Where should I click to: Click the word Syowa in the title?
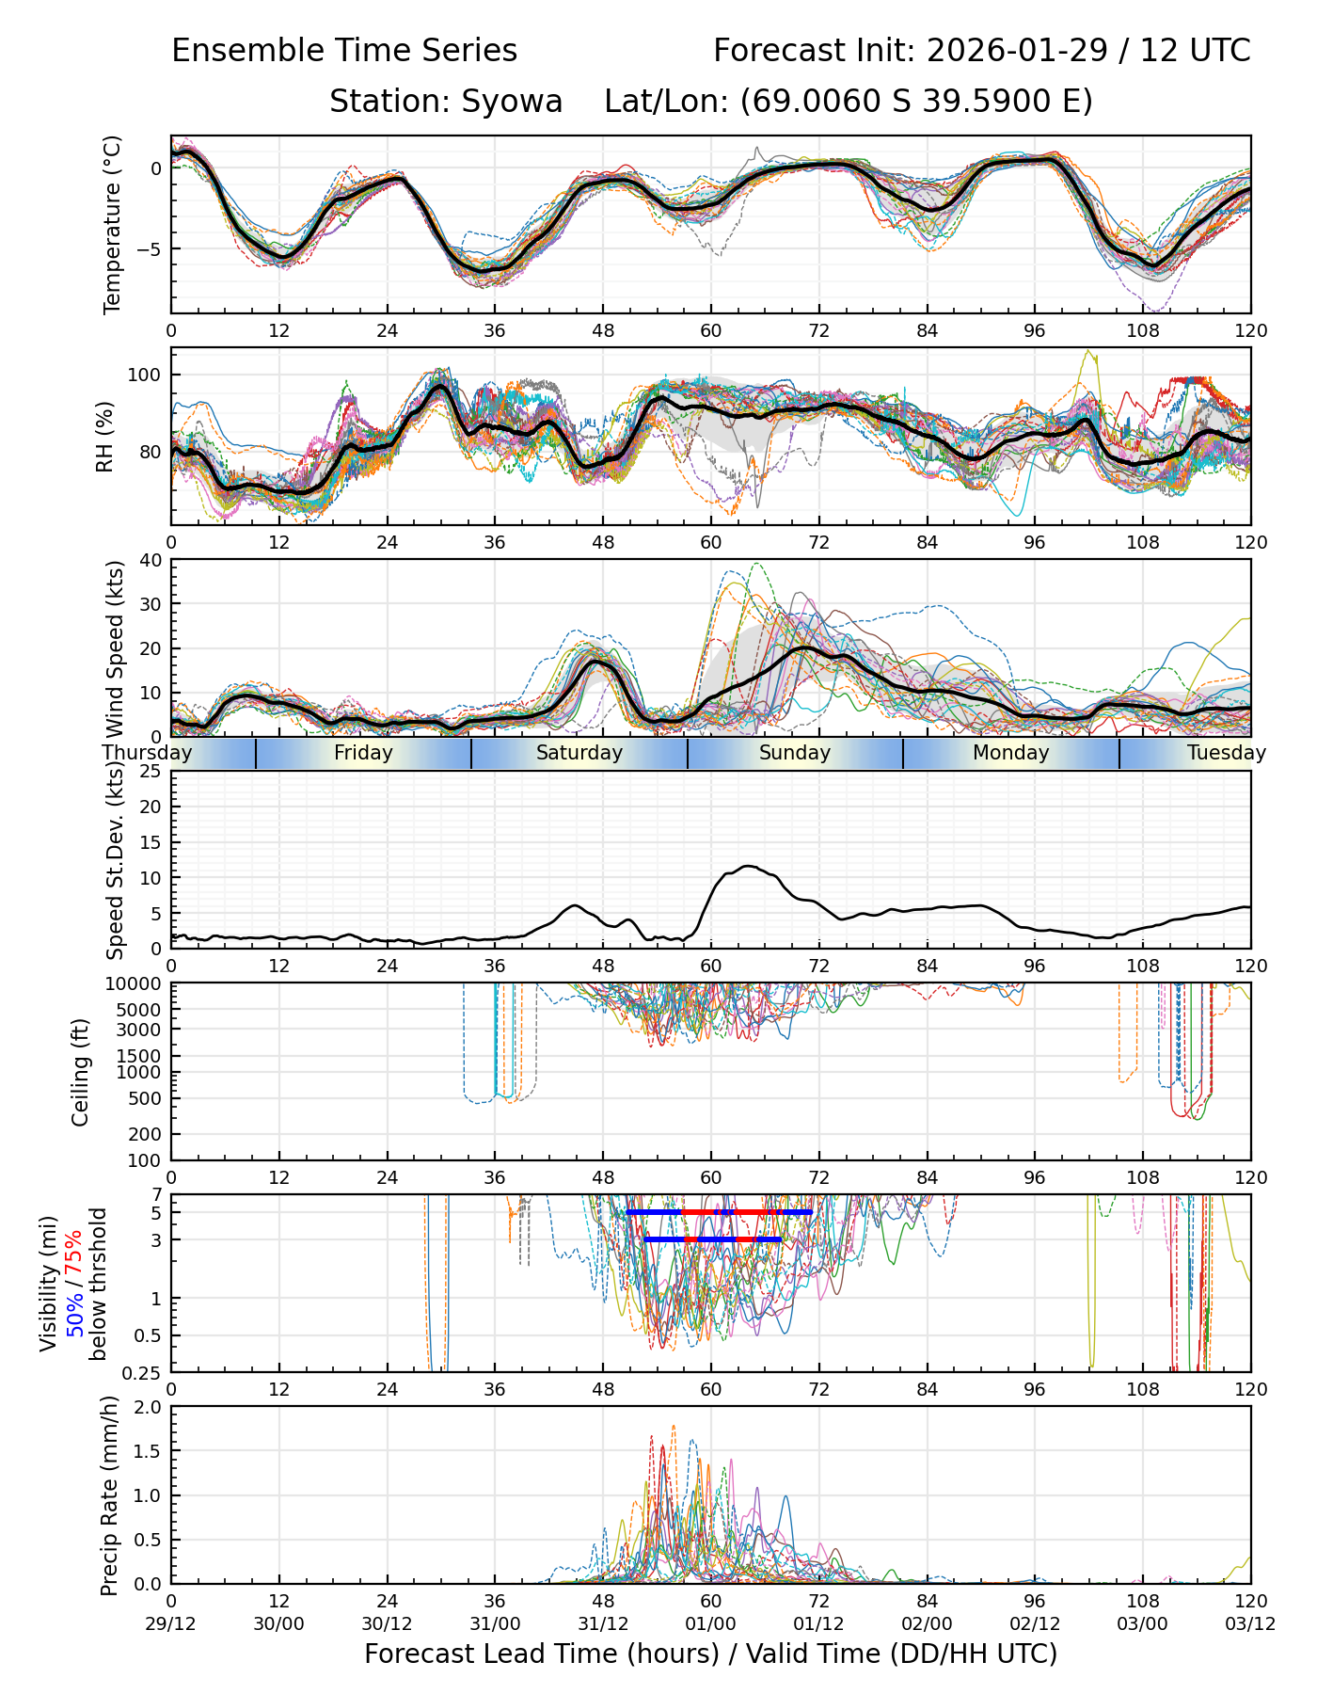(512, 101)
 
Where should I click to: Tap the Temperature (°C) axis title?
(113, 224)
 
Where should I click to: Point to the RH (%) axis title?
(104, 436)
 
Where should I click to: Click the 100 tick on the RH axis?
(145, 375)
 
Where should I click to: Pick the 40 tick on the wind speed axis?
(151, 560)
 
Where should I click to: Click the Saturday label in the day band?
(579, 753)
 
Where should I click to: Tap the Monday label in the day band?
(1010, 753)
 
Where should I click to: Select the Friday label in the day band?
(363, 753)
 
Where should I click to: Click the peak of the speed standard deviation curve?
(748, 866)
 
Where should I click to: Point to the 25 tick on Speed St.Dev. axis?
(151, 772)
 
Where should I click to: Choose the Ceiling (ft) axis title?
(81, 1071)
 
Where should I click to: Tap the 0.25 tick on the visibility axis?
(143, 1371)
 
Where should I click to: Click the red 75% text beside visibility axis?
(74, 1254)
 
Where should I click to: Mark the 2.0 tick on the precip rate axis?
(148, 1407)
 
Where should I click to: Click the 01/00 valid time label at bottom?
(710, 1623)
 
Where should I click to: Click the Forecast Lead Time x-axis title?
(710, 1654)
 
